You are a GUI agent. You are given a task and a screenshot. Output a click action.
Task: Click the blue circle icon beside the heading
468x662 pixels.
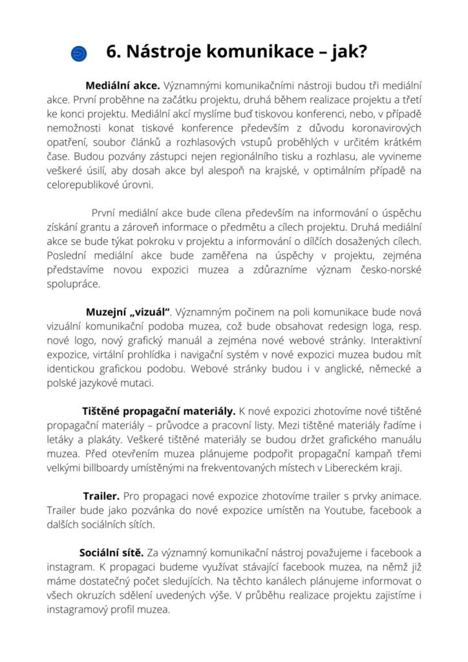[x=80, y=53]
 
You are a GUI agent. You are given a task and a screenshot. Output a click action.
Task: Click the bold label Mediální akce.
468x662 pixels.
[x=122, y=85]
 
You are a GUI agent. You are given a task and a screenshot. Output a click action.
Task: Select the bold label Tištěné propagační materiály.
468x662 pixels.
[x=159, y=411]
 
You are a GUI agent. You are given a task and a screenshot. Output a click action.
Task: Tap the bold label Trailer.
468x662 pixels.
[x=101, y=496]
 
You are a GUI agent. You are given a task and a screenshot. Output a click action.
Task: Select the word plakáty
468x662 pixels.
[x=100, y=439]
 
